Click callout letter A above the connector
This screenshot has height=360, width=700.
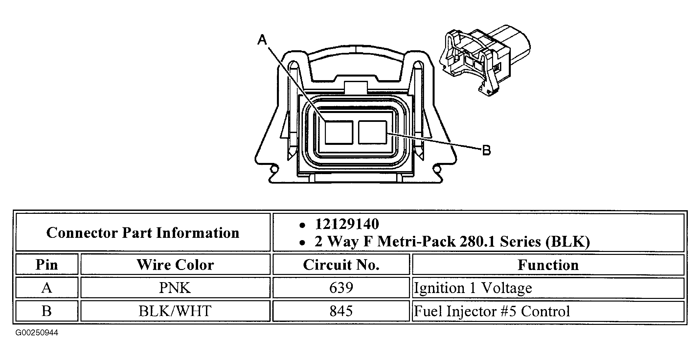pyautogui.click(x=262, y=40)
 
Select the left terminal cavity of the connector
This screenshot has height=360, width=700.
pyautogui.click(x=339, y=132)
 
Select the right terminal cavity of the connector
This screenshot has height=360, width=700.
pyautogui.click(x=373, y=132)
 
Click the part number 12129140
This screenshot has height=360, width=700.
pyautogui.click(x=347, y=224)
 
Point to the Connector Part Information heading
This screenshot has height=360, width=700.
pyautogui.click(x=143, y=233)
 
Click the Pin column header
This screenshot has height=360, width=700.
pyautogui.click(x=47, y=265)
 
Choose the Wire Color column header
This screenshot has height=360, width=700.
pyautogui.click(x=175, y=265)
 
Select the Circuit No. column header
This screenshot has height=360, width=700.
pyautogui.click(x=341, y=265)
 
